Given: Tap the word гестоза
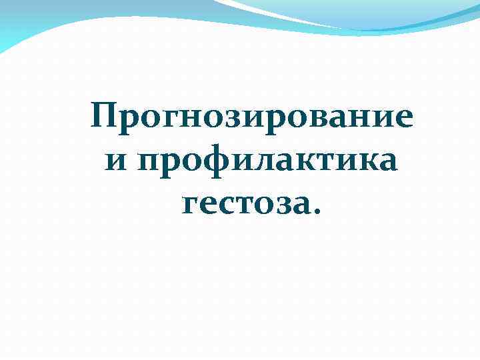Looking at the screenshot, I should pos(247,203).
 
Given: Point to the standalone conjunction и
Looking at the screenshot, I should pos(116,162).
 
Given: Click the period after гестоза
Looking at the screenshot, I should pos(316,212).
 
